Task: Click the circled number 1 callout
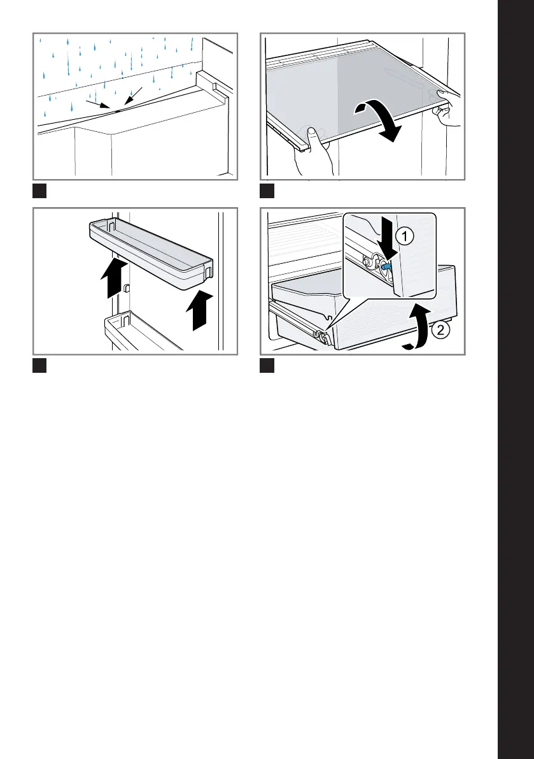point(405,236)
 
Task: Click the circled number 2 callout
point(440,331)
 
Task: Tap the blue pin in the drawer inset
point(386,266)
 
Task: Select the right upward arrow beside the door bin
point(200,310)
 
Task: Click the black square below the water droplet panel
point(39,191)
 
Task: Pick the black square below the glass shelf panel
point(267,191)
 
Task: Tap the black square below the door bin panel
point(39,365)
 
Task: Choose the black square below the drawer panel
point(267,365)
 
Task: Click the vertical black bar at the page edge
point(516,380)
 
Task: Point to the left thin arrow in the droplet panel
point(98,104)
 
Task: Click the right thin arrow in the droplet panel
point(134,96)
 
